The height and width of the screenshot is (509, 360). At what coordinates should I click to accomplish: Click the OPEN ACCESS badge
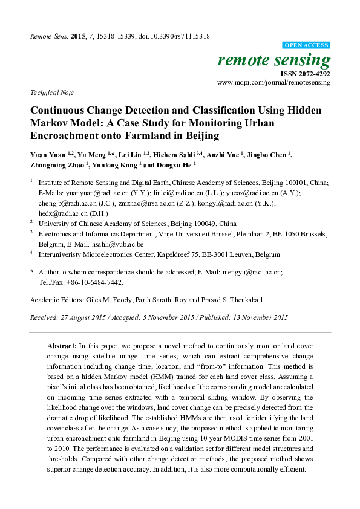307,45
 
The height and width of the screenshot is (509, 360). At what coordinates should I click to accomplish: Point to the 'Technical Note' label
51,92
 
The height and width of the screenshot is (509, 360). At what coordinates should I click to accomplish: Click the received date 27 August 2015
81,317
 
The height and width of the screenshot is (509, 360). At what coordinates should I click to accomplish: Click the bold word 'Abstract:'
62,345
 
